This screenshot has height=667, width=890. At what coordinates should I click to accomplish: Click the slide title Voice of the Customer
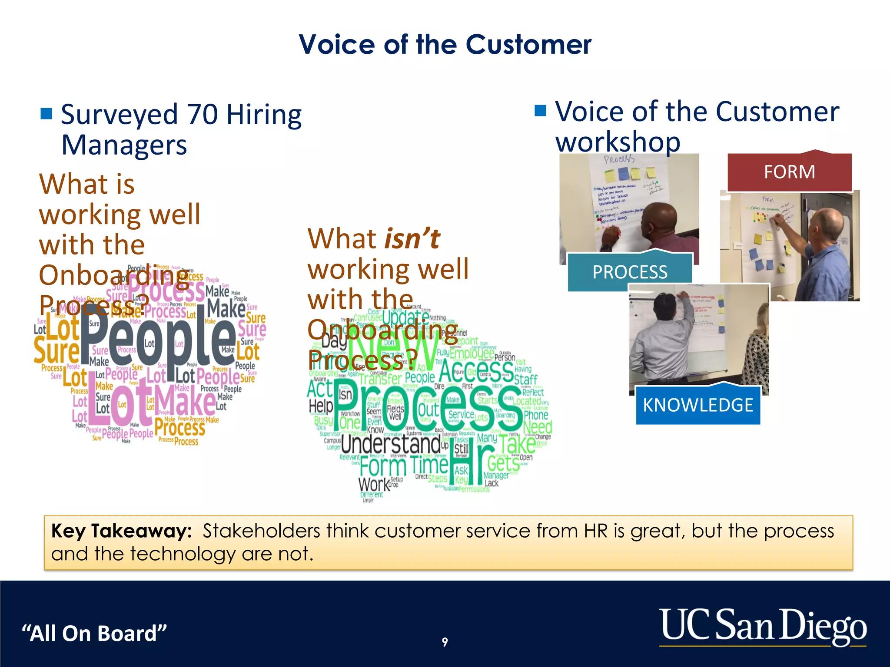(445, 44)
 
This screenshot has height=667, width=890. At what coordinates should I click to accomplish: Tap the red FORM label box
(789, 172)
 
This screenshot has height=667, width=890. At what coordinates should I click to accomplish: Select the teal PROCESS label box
(630, 272)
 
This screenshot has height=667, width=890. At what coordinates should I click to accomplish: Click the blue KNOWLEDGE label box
(698, 405)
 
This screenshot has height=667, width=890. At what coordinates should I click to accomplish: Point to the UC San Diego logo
(763, 626)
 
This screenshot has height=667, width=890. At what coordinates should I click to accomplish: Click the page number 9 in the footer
(445, 642)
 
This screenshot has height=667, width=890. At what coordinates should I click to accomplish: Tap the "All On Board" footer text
(94, 633)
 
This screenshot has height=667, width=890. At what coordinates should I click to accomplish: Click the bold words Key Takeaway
(121, 531)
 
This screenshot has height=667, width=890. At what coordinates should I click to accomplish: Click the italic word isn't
(412, 239)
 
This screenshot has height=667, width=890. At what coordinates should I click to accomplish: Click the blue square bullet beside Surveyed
(46, 114)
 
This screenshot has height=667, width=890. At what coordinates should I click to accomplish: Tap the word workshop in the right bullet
(618, 142)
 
